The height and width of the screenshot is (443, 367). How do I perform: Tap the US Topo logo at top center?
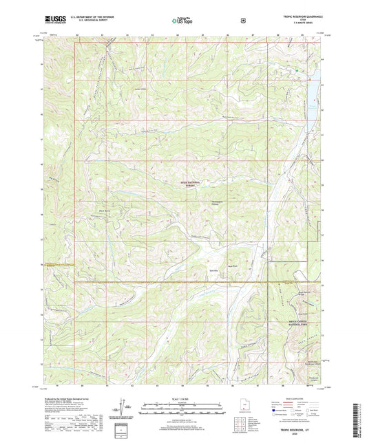coord(182,21)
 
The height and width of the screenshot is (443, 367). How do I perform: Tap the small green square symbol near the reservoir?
coord(297,70)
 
